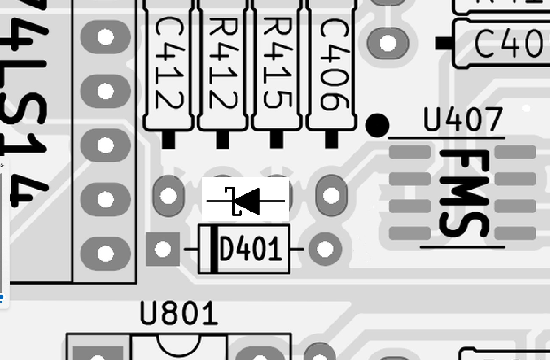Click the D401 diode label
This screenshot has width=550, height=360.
click(250, 249)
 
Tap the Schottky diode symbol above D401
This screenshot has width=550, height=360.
click(246, 201)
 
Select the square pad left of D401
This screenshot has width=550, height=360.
click(163, 249)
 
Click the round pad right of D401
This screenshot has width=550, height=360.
click(325, 249)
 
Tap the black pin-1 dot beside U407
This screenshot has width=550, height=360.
click(377, 125)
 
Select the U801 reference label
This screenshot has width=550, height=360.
click(179, 314)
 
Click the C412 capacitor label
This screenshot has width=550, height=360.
click(169, 64)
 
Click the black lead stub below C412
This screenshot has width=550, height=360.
click(168, 140)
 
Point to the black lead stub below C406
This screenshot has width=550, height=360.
click(331, 140)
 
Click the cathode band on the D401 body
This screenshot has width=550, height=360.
click(214, 249)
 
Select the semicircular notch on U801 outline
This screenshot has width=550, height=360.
click(179, 343)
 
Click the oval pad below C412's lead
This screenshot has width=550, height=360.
click(169, 195)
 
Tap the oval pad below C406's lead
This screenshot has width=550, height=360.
click(331, 195)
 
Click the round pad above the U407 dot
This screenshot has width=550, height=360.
click(387, 42)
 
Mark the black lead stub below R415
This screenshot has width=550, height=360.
click(276, 140)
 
